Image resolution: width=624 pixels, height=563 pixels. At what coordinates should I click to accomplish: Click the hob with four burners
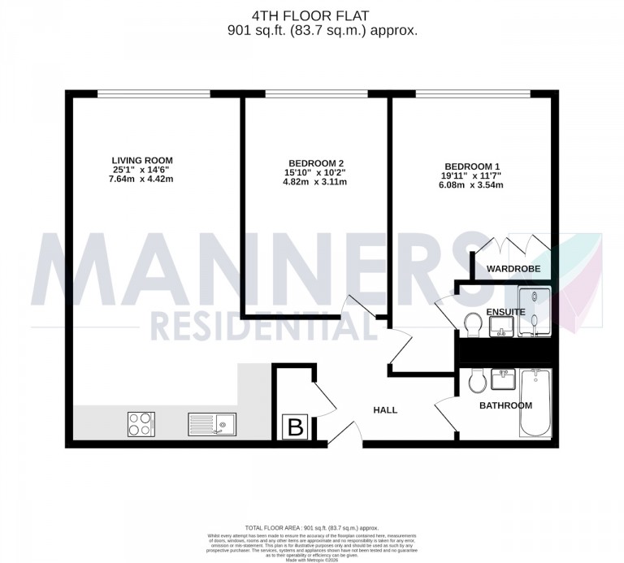pyautogui.click(x=141, y=424)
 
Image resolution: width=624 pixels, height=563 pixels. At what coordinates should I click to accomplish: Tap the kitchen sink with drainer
pyautogui.click(x=211, y=424)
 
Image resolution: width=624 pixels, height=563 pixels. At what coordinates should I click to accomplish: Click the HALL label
pyautogui.click(x=384, y=410)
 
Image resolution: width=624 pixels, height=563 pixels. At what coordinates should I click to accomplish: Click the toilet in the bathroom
pyautogui.click(x=478, y=379)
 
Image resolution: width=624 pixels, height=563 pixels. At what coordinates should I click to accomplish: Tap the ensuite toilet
pyautogui.click(x=470, y=325)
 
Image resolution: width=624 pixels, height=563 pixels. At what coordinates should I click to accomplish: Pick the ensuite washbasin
pyautogui.click(x=501, y=327)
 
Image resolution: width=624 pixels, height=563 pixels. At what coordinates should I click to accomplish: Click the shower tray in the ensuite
pyautogui.click(x=534, y=310)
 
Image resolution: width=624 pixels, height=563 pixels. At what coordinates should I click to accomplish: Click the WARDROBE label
pyautogui.click(x=513, y=269)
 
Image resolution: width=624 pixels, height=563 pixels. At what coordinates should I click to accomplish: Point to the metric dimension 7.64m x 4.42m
pyautogui.click(x=143, y=179)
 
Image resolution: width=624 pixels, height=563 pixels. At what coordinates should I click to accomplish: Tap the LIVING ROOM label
pyautogui.click(x=143, y=159)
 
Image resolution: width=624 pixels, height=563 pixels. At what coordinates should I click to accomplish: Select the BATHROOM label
pyautogui.click(x=505, y=405)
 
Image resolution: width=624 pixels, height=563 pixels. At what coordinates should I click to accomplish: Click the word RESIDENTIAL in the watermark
pyautogui.click(x=264, y=327)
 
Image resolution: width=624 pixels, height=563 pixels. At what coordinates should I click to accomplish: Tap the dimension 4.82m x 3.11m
pyautogui.click(x=314, y=182)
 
